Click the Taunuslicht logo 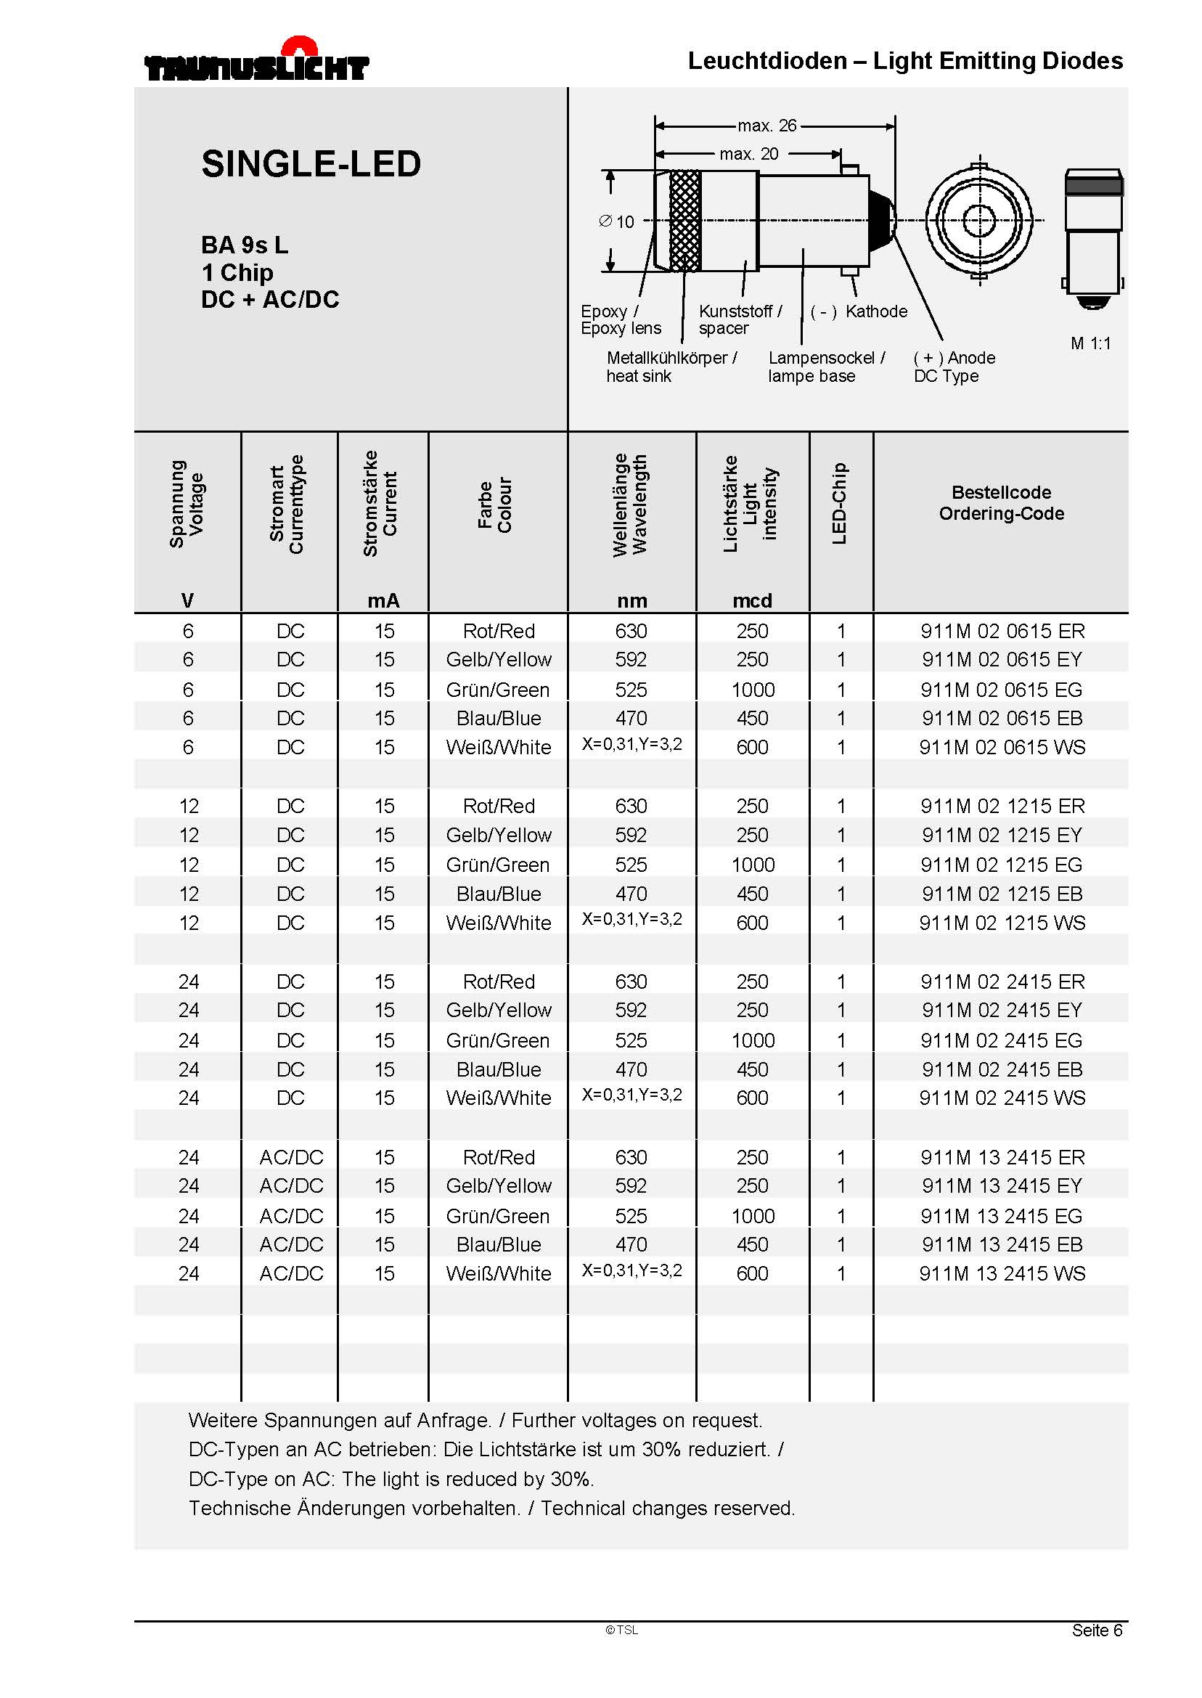pyautogui.click(x=256, y=63)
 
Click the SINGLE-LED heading pyautogui.click(x=311, y=164)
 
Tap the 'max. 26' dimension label pyautogui.click(x=766, y=126)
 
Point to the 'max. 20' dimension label pyautogui.click(x=748, y=154)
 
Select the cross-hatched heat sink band pyautogui.click(x=684, y=221)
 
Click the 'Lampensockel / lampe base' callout pyautogui.click(x=825, y=367)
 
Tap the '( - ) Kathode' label pyautogui.click(x=859, y=311)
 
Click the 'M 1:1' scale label pyautogui.click(x=1090, y=343)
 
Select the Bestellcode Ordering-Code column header pyautogui.click(x=1001, y=503)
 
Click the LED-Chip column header pyautogui.click(x=839, y=503)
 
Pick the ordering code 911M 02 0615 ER pyautogui.click(x=1002, y=632)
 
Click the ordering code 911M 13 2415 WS pyautogui.click(x=1002, y=1274)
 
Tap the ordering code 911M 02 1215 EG pyautogui.click(x=1001, y=865)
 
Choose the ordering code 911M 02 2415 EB pyautogui.click(x=1002, y=1069)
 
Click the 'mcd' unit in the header pyautogui.click(x=752, y=601)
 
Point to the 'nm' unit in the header pyautogui.click(x=632, y=601)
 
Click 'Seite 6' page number pyautogui.click(x=1097, y=1630)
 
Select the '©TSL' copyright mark pyautogui.click(x=622, y=1630)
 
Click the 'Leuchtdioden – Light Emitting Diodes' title pyautogui.click(x=904, y=61)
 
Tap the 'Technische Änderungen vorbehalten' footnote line pyautogui.click(x=491, y=1509)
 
